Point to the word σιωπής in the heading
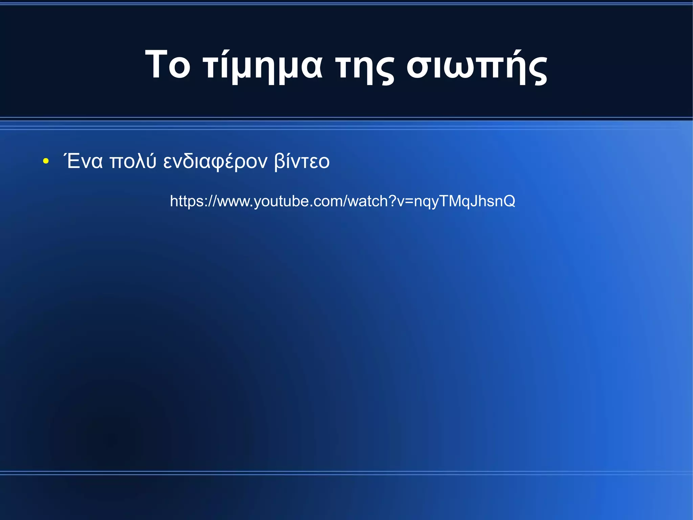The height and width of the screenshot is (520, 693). [x=477, y=66]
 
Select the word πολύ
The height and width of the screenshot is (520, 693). [x=133, y=161]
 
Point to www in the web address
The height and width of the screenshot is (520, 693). [x=234, y=202]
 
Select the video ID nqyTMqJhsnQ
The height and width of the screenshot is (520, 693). [x=465, y=202]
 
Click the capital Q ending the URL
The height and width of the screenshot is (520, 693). [x=509, y=201]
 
